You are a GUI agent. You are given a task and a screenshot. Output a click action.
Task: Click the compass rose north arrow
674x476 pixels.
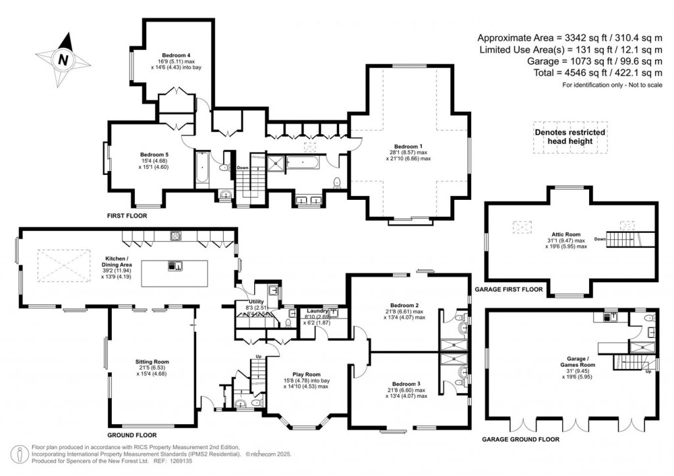click(x=63, y=59)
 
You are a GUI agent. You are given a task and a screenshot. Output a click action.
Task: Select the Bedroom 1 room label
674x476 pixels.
click(x=408, y=146)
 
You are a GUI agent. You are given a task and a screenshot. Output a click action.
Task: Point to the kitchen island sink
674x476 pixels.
click(x=175, y=266)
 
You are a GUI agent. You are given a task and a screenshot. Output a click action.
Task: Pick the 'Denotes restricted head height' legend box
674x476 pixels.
click(x=569, y=137)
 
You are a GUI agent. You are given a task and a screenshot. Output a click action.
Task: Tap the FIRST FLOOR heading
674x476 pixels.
click(x=127, y=215)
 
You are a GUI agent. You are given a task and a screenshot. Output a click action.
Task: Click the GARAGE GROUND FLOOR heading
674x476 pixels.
click(x=521, y=439)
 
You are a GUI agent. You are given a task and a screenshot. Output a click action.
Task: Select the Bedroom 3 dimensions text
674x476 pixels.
click(x=404, y=393)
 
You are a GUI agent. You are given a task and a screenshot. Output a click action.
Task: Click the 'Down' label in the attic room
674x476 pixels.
click(x=599, y=239)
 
